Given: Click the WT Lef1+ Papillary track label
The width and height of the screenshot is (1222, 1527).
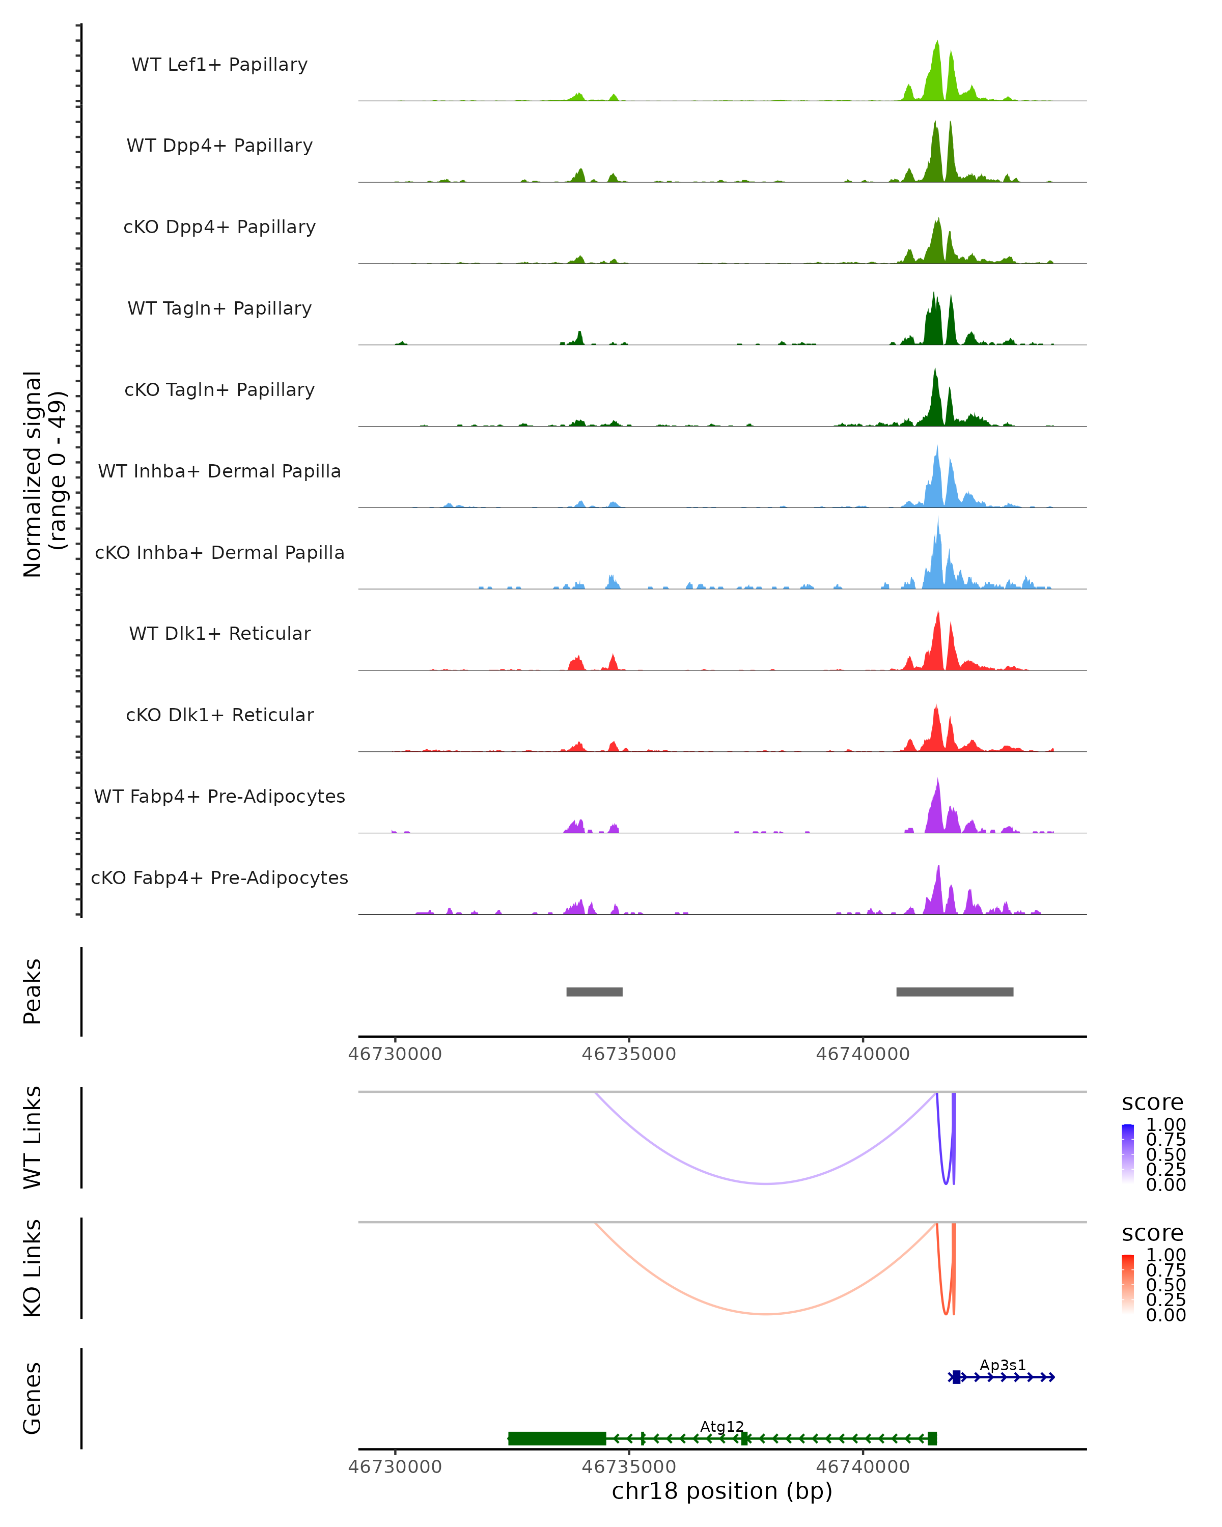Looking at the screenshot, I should click(219, 65).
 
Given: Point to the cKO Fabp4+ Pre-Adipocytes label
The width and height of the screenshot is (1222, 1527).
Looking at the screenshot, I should click(219, 878).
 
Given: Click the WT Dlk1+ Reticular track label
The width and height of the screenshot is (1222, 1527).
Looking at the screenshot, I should click(219, 633).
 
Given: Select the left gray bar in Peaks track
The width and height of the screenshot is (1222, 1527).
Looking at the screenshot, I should click(594, 992).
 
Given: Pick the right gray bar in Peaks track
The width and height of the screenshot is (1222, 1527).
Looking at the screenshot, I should click(954, 992).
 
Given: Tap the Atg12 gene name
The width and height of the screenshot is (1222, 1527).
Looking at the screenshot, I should click(722, 1426).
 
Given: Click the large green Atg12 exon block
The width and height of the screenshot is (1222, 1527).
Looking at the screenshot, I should click(558, 1438).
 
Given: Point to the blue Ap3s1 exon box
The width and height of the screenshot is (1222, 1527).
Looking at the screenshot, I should click(956, 1377).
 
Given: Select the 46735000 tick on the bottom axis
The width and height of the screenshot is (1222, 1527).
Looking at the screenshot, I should click(629, 1467).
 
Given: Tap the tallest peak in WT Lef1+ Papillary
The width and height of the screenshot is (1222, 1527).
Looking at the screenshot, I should click(937, 44).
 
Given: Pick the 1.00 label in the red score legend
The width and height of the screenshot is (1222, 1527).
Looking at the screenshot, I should click(1166, 1255).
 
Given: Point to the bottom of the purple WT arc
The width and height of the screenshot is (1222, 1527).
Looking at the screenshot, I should click(766, 1183).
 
